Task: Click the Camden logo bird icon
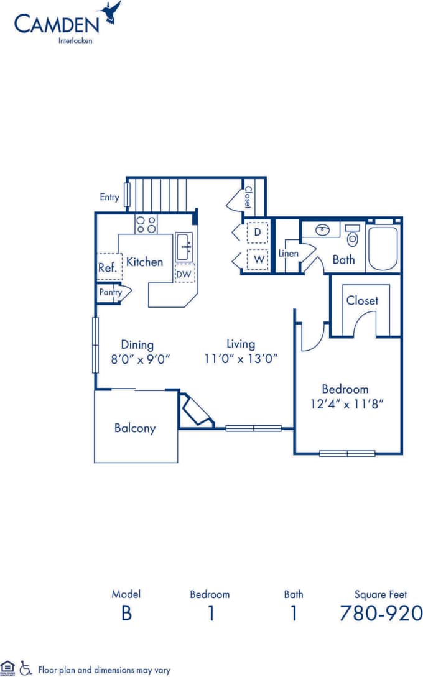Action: tap(112, 13)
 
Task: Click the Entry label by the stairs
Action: tap(109, 197)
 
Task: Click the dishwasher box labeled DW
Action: tap(185, 273)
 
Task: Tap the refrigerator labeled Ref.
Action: tap(108, 268)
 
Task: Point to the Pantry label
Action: tap(110, 292)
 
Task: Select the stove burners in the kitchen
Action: tap(146, 224)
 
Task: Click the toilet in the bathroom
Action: tap(353, 237)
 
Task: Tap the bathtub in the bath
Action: tap(383, 249)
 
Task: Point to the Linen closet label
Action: tap(288, 254)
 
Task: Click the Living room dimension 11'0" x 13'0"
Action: tap(241, 358)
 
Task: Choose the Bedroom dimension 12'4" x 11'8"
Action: tap(345, 403)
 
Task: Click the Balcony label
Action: tap(135, 428)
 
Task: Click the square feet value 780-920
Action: tap(381, 613)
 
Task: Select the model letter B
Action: tap(126, 613)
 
